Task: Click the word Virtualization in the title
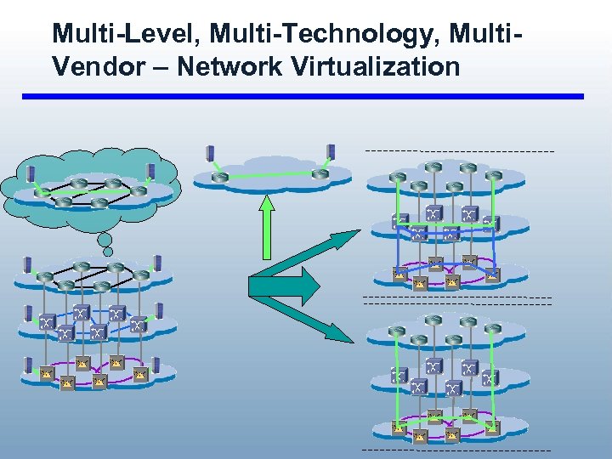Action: point(375,66)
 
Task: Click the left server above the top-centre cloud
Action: point(210,153)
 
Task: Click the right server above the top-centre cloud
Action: point(331,150)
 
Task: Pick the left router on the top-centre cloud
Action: point(220,177)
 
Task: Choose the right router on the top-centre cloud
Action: point(320,174)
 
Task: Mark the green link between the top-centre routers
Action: point(270,175)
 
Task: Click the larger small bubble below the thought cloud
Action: point(105,240)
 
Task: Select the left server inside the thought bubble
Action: point(31,174)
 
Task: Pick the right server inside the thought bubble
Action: point(151,172)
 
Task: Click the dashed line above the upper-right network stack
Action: point(459,150)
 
